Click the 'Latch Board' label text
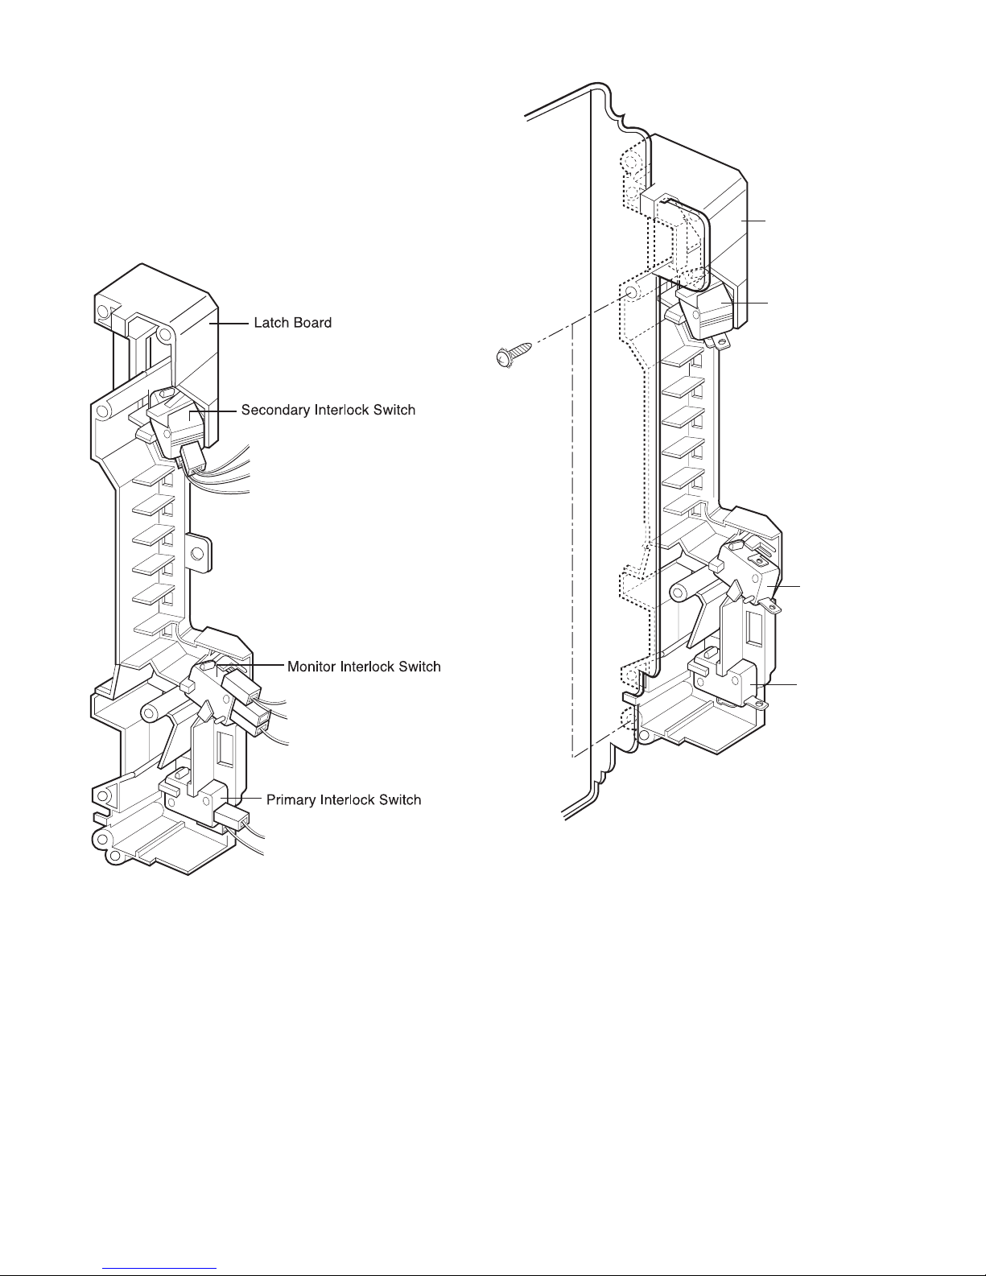[292, 322]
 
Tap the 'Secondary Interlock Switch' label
[328, 410]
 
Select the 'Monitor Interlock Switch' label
[364, 667]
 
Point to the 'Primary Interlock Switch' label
[344, 799]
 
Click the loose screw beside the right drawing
[514, 355]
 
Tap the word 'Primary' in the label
[289, 800]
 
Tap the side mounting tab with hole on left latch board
[198, 552]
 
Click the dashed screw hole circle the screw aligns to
[629, 292]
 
